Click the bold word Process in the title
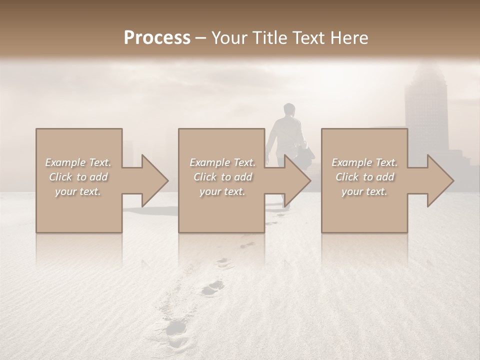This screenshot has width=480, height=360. pos(157,38)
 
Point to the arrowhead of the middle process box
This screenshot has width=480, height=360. pos(297,181)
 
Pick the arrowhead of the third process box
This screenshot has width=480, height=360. pos(440,181)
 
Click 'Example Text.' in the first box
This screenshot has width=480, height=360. pos(78,162)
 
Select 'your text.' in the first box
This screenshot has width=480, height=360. pos(78,191)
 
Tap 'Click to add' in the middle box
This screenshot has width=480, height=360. pos(222,177)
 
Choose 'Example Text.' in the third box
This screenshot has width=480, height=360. pos(364,162)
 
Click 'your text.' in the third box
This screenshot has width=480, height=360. pos(364,191)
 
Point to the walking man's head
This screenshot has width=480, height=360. pos(288,109)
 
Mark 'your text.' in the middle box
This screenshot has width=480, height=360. pos(222,191)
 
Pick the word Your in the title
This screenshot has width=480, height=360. pos(229,38)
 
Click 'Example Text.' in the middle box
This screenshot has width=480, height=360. pos(222,162)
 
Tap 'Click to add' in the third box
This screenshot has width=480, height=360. pos(364,177)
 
